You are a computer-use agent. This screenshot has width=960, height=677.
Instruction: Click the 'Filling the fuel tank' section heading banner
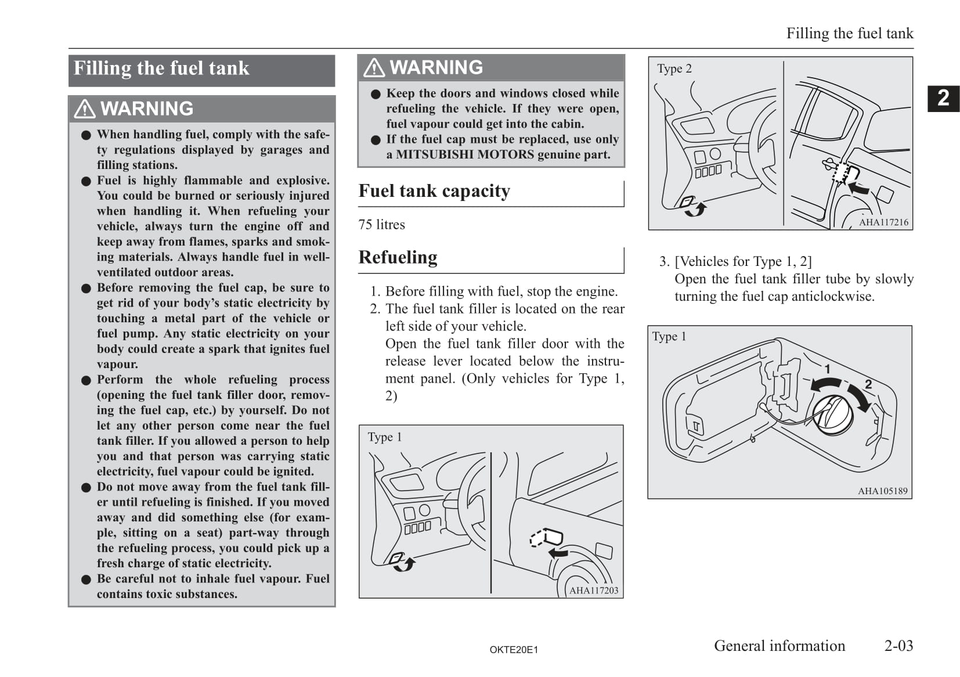click(201, 69)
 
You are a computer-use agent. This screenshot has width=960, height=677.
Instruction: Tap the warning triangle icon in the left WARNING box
click(85, 109)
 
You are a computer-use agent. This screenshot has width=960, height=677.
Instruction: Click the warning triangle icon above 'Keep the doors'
click(374, 68)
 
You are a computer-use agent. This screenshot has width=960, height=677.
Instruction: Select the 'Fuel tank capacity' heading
click(434, 191)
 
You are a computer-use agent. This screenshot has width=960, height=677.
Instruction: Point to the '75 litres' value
click(381, 225)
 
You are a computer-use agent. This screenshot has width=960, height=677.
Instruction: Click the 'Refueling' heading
click(398, 257)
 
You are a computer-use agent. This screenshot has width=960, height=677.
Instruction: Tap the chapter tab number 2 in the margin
click(943, 98)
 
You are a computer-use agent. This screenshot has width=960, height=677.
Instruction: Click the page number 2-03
click(898, 646)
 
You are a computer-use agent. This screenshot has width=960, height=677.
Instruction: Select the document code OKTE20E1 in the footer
click(514, 650)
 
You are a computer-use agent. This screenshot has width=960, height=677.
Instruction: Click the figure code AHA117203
click(594, 590)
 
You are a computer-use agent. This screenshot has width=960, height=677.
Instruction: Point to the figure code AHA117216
click(883, 222)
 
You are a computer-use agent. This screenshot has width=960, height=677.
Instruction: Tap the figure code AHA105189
click(882, 491)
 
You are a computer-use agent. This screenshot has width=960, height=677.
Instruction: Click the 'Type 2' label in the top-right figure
click(674, 69)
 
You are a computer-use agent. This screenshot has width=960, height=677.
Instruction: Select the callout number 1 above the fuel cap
click(827, 369)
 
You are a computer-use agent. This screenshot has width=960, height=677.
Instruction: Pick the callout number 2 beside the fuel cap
click(868, 384)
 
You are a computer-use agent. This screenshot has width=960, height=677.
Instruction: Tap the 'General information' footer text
click(779, 646)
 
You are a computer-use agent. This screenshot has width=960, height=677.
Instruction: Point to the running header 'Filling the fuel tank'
click(849, 34)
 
